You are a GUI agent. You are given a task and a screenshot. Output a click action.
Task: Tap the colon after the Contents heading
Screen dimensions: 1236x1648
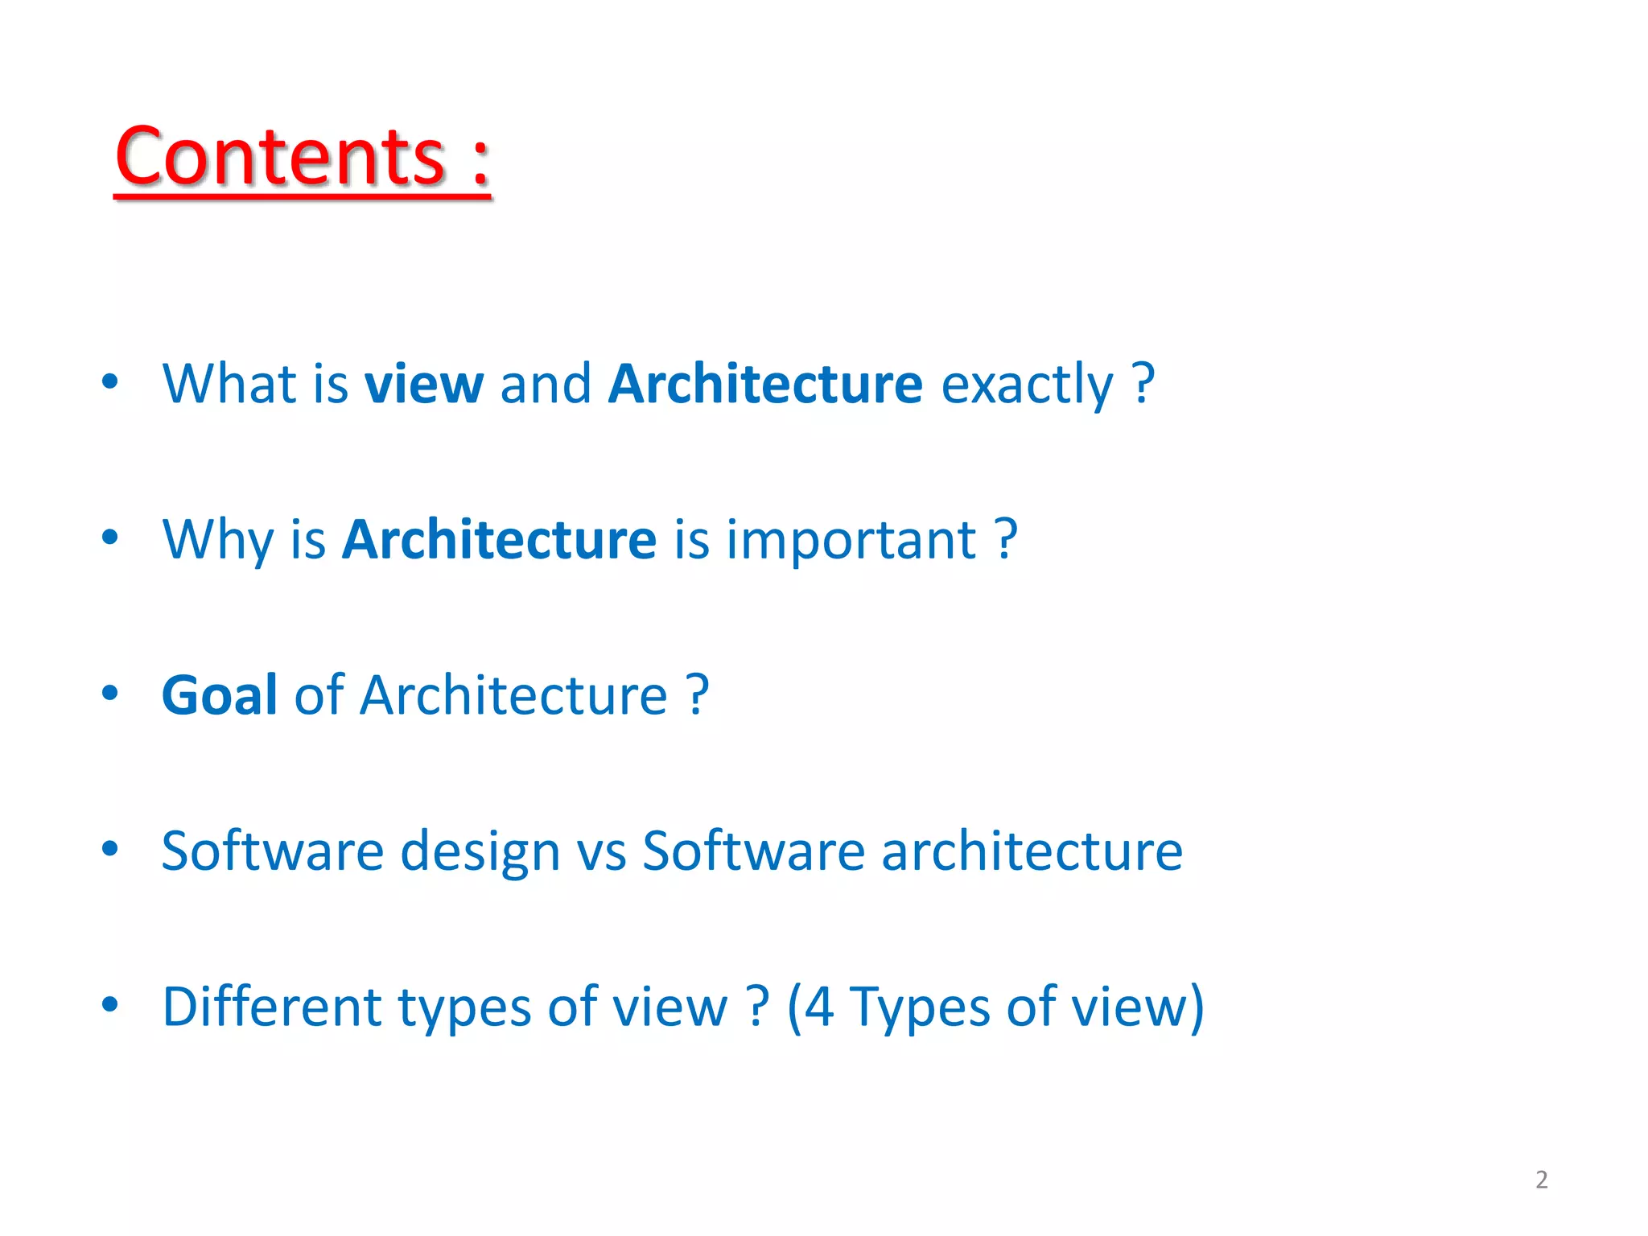tap(480, 162)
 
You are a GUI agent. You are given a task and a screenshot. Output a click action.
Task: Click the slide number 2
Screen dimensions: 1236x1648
tap(1541, 1180)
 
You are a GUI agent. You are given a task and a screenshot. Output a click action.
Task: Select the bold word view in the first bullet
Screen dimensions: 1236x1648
tap(424, 384)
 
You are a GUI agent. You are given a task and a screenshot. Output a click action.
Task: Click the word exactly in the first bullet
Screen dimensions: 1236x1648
tap(1027, 385)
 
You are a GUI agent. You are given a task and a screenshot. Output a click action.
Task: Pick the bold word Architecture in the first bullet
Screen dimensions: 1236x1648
tap(765, 384)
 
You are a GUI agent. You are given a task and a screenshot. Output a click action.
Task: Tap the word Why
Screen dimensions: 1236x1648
tap(217, 540)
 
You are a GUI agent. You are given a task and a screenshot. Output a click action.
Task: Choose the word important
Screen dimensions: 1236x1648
tap(851, 539)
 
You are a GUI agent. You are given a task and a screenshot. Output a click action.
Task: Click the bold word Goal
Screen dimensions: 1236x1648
tap(220, 694)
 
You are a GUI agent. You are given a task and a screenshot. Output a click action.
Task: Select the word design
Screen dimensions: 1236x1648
tap(480, 851)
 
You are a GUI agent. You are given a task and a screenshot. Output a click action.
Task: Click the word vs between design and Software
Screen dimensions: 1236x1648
tap(601, 851)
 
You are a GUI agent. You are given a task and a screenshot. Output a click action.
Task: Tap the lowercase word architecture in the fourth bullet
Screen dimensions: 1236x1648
tap(1032, 851)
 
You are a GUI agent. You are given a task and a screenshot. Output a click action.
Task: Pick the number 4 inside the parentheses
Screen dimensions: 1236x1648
tap(818, 1006)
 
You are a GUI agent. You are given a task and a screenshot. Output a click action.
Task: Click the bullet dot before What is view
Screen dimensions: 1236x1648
tap(110, 381)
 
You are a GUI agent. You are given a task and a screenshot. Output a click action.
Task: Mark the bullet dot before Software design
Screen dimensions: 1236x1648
tap(110, 848)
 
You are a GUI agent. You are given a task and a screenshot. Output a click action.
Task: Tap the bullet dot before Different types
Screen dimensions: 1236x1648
tap(110, 1003)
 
